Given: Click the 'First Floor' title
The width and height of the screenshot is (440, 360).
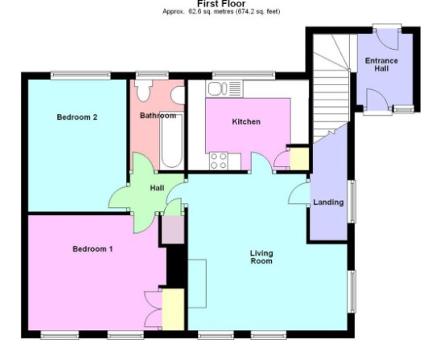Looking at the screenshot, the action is tap(221, 4).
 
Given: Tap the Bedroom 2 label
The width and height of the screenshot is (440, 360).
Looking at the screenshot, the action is tap(77, 117).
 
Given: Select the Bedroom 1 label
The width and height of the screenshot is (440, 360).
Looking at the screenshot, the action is tap(93, 248).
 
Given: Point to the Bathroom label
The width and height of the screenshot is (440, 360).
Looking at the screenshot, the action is tap(158, 115).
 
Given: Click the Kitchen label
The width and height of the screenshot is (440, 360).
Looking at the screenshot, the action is tap(246, 121).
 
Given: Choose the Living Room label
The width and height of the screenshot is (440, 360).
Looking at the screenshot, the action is tap(261, 257).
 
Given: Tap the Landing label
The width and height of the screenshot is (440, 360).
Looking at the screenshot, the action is tap(328, 202).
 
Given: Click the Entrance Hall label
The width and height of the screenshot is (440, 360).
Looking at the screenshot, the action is tap(381, 64).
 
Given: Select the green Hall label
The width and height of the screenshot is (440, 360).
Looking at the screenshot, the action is tap(157, 188).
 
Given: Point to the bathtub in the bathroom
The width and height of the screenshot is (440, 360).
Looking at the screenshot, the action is tap(171, 141).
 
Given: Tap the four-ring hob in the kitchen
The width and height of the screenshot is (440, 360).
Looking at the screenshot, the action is tap(218, 161).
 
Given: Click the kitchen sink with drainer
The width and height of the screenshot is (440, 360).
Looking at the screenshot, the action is tap(224, 88).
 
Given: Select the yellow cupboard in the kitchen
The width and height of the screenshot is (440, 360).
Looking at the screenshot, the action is tap(299, 158).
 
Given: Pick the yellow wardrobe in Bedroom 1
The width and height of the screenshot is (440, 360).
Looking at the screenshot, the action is tap(173, 309).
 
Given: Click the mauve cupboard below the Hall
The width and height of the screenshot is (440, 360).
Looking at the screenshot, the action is tap(173, 230).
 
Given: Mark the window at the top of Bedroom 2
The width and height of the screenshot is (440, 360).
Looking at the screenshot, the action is tap(80, 75).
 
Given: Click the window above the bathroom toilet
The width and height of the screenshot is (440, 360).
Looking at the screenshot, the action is tap(152, 75).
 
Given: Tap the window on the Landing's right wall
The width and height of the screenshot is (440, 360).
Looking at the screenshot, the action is tap(352, 202).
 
